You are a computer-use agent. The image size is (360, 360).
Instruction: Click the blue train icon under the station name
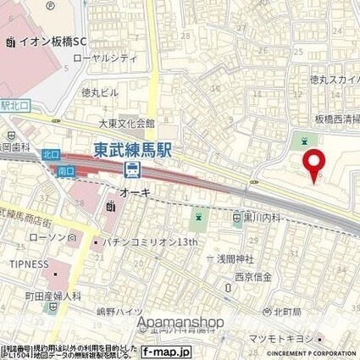coord(132,170)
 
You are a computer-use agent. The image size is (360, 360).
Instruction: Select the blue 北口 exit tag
coord(52,156)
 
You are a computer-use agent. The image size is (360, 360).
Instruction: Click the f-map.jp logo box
coord(167,350)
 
